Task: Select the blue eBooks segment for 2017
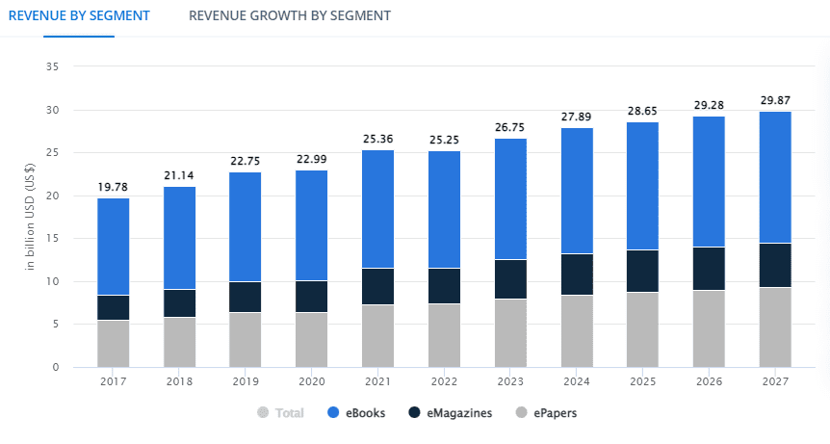tap(114, 247)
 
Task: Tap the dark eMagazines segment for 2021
tap(377, 286)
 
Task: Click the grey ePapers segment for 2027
tap(775, 327)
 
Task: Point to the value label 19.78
tap(114, 186)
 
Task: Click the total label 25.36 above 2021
tap(377, 139)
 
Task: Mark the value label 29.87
tap(775, 100)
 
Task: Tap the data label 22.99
tap(311, 159)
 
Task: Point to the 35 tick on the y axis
tap(53, 66)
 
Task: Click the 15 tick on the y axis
tap(53, 239)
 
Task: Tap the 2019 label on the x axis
tap(245, 381)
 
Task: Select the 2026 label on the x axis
tap(709, 381)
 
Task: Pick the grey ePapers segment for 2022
tap(444, 335)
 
